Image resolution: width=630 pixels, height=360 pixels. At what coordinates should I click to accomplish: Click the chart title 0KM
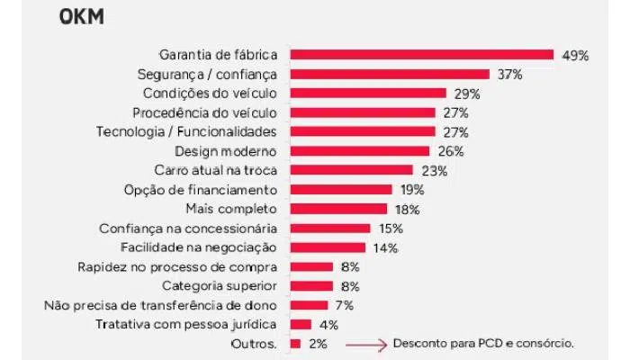point(81,17)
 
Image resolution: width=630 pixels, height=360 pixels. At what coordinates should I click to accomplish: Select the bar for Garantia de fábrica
point(421,55)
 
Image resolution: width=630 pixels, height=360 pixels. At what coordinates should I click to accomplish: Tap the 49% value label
point(574,55)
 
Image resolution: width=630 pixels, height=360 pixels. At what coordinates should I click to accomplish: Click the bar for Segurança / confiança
point(390,74)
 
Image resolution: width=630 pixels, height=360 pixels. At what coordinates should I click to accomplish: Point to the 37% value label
point(510,74)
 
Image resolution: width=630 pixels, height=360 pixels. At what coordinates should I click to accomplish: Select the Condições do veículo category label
point(211,93)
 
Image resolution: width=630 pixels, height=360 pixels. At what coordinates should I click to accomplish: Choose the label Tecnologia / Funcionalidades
point(186,131)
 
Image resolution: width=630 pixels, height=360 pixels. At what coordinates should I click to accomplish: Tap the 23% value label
point(433,170)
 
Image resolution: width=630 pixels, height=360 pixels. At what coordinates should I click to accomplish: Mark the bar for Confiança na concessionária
point(330,228)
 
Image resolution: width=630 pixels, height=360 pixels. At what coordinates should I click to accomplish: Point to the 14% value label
point(386,247)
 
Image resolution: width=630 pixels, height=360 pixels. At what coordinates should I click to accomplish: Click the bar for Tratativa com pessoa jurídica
point(301,324)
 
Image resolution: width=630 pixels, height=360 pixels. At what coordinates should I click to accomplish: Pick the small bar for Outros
point(295,344)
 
